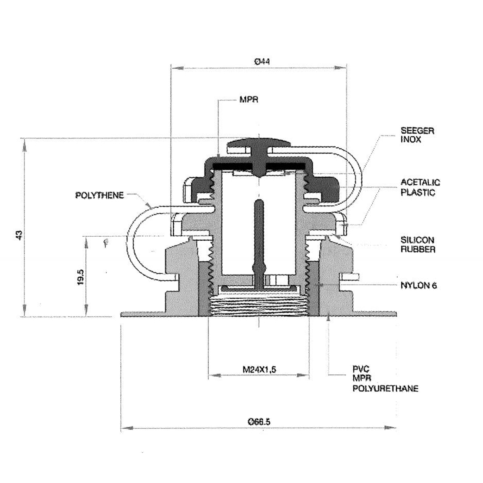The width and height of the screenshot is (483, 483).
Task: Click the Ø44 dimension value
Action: coord(262,62)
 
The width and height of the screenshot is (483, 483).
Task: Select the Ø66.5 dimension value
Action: coord(259,422)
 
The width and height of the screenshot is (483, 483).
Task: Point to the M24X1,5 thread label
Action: coord(259,369)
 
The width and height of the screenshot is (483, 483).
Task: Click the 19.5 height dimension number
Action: coord(80,277)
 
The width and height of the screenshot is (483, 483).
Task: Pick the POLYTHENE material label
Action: coord(100,195)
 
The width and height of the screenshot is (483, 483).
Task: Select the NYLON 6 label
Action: coord(419,285)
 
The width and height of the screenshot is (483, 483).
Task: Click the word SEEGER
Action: coord(417,130)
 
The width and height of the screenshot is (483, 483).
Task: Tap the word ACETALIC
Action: coord(420,182)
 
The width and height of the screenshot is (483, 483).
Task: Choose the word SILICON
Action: coord(417,240)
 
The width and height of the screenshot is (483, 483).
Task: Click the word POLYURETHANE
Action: coord(386,388)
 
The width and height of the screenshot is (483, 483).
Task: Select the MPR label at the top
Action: coord(249,99)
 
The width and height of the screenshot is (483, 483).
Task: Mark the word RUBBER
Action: coord(418,250)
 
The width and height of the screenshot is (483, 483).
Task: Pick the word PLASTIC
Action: coord(418,192)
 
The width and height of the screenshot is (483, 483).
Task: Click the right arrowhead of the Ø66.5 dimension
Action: coord(390,427)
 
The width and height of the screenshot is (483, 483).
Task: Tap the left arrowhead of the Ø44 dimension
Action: coord(177,68)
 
